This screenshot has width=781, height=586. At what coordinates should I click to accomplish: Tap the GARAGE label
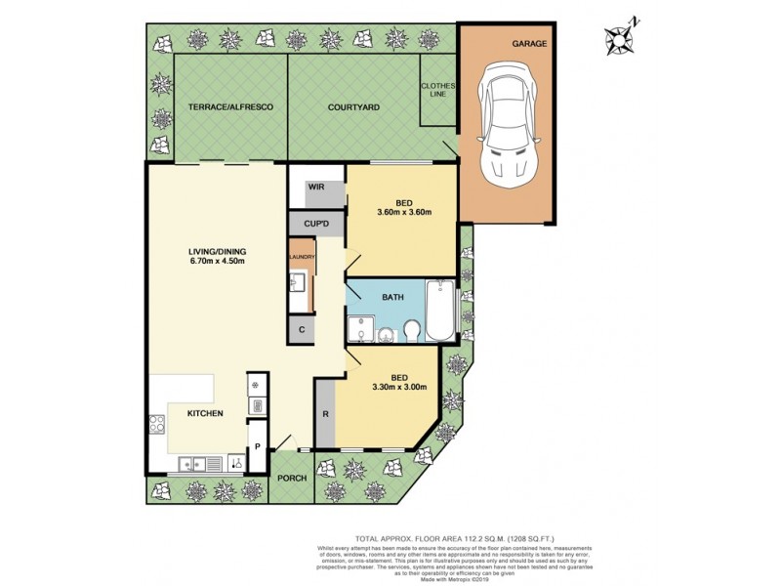click(529, 44)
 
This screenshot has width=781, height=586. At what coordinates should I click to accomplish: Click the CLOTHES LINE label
click(438, 91)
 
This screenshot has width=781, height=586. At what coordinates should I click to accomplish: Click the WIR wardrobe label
click(316, 186)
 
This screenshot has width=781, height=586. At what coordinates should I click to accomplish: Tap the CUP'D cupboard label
click(316, 224)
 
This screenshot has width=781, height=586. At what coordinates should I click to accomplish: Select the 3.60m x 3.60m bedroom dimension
click(403, 213)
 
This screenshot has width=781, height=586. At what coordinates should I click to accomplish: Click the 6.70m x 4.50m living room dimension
click(216, 261)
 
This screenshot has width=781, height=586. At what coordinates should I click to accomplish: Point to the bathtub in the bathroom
click(442, 310)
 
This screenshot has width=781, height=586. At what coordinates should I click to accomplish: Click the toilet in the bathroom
click(411, 332)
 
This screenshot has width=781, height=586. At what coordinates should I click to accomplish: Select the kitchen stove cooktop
click(157, 425)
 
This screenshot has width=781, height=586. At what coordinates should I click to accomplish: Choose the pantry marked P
click(257, 447)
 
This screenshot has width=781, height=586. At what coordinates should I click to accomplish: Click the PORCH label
click(291, 479)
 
